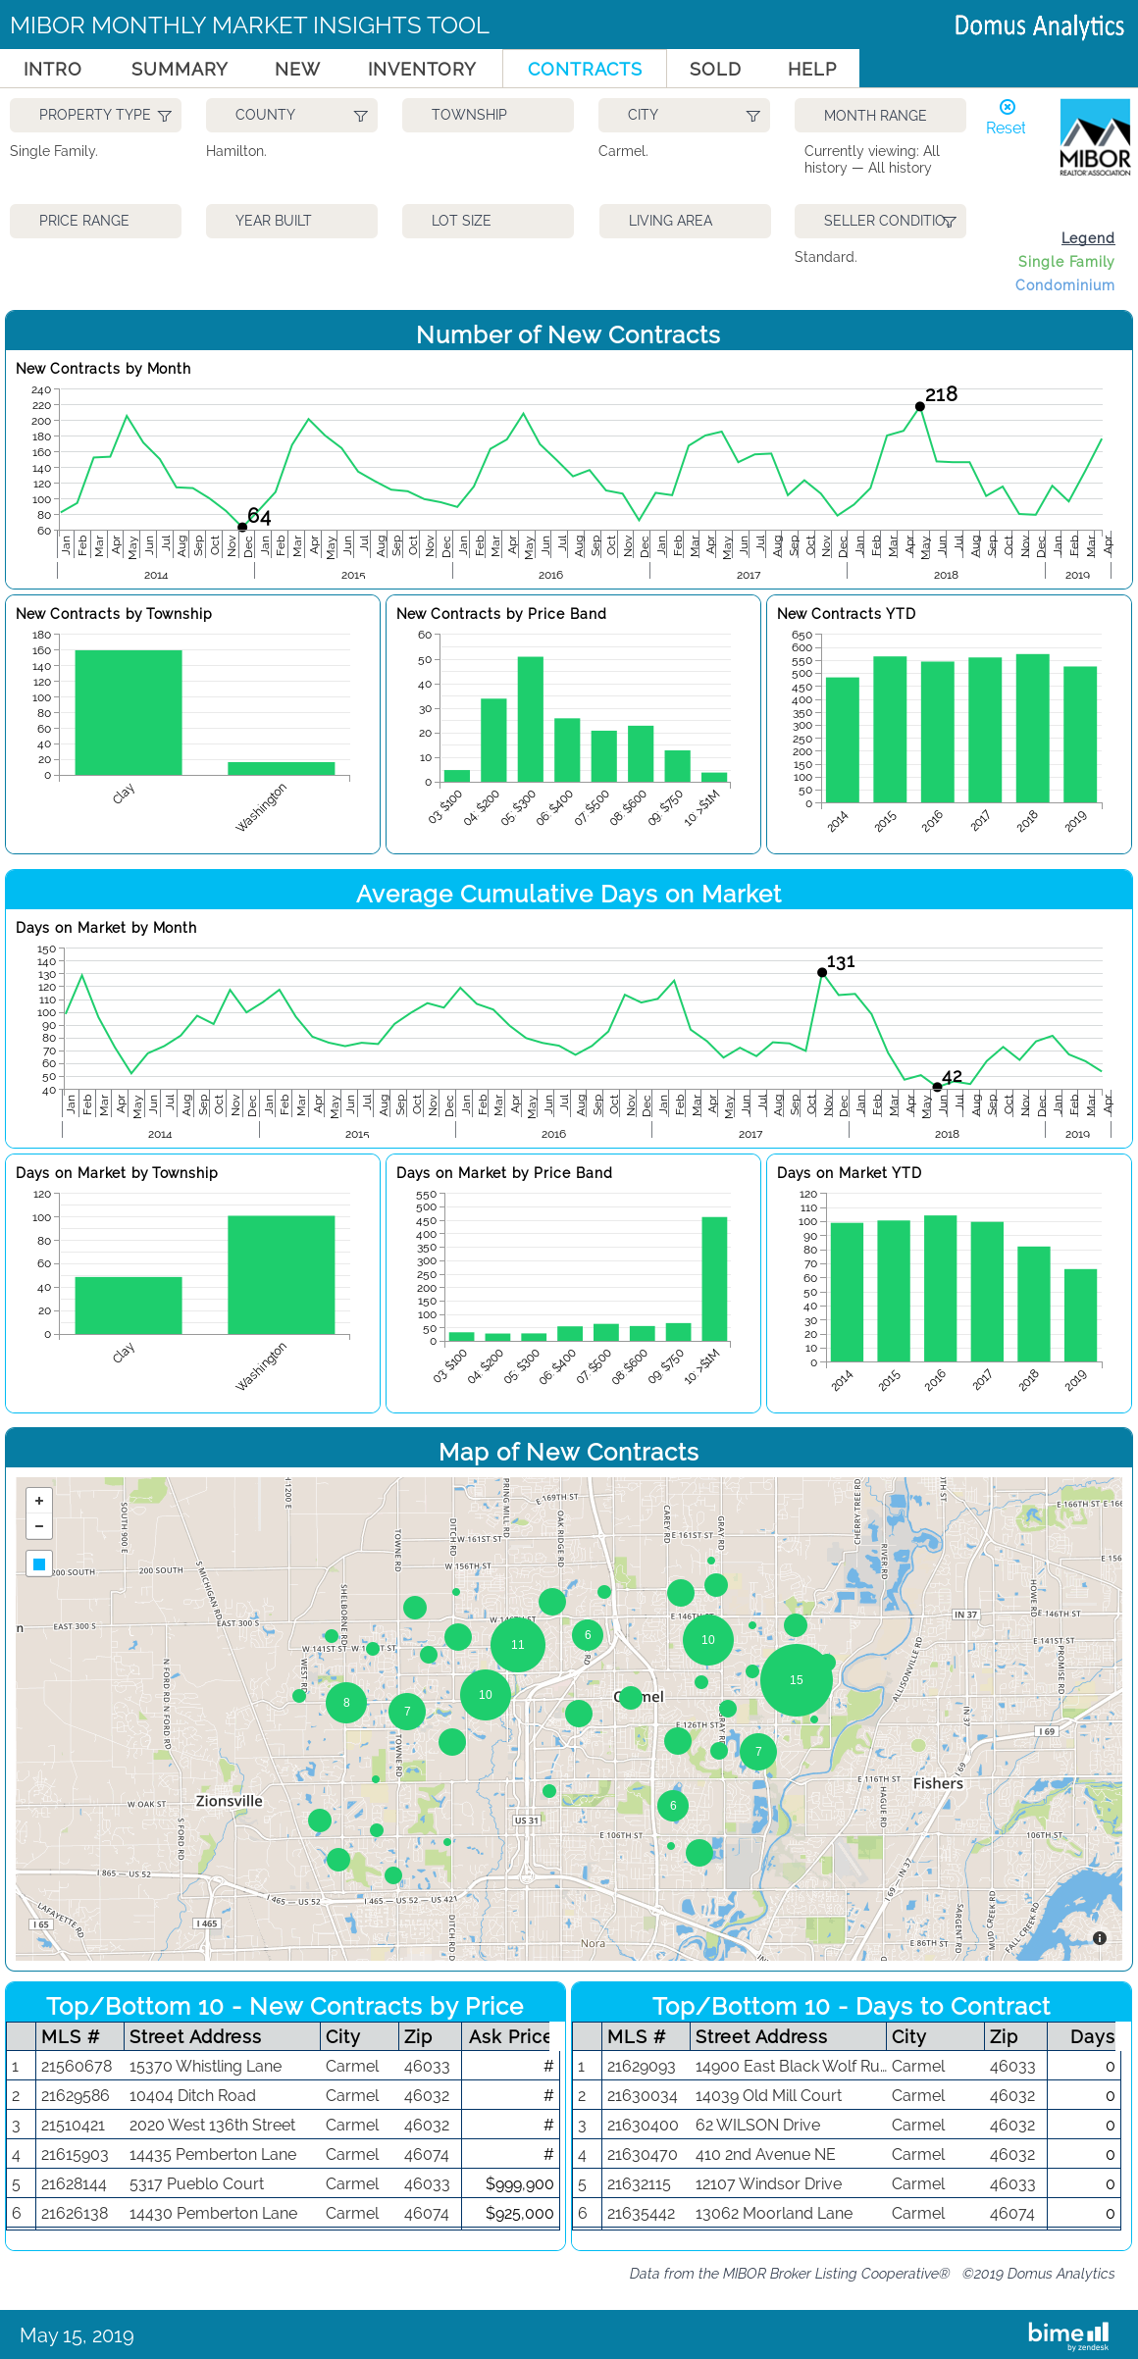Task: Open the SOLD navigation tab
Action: point(714,69)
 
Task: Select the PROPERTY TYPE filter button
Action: point(95,115)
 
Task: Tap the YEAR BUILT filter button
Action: point(291,221)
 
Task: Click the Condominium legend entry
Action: point(1064,285)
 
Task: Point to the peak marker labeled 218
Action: point(919,406)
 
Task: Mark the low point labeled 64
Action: point(242,527)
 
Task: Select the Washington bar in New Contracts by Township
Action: point(281,768)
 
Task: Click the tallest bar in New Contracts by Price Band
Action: point(530,719)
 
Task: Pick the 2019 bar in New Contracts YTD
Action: point(1079,734)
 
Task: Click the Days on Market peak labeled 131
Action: point(822,972)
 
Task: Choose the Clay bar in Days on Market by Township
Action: point(129,1305)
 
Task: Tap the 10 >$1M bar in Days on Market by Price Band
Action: point(714,1279)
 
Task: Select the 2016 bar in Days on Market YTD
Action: point(940,1288)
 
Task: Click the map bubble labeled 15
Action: point(796,1680)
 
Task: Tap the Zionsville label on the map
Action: point(230,1801)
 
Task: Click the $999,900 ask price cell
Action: point(519,2183)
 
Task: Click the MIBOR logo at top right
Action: point(1095,138)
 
